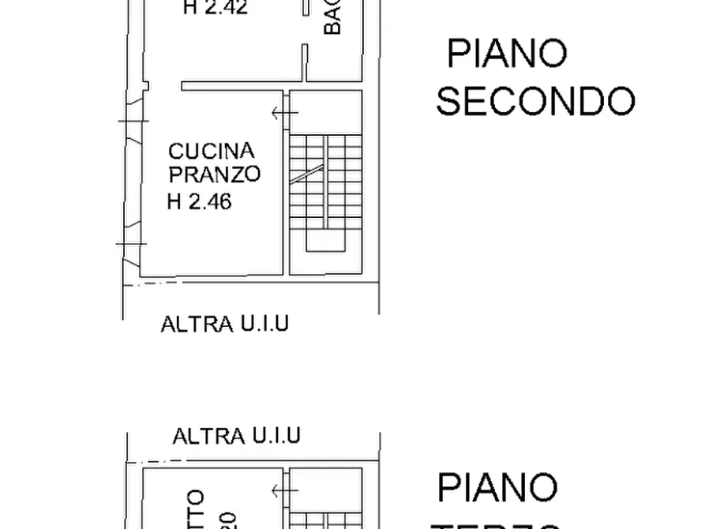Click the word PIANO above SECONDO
pos(507,54)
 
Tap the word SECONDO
pos(535,102)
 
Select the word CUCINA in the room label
pos(212,151)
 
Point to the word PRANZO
pos(214,174)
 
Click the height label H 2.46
pos(199,202)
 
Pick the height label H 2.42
pos(216,9)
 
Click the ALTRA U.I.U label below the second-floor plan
pos(224,324)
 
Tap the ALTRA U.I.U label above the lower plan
pos(236,435)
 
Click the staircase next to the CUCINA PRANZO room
pos(325,189)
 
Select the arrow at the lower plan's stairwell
pos(284,492)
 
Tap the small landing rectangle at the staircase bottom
pos(325,242)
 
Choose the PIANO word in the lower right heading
pos(497,488)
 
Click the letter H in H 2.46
pos(174,202)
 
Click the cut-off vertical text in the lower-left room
pos(197,509)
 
